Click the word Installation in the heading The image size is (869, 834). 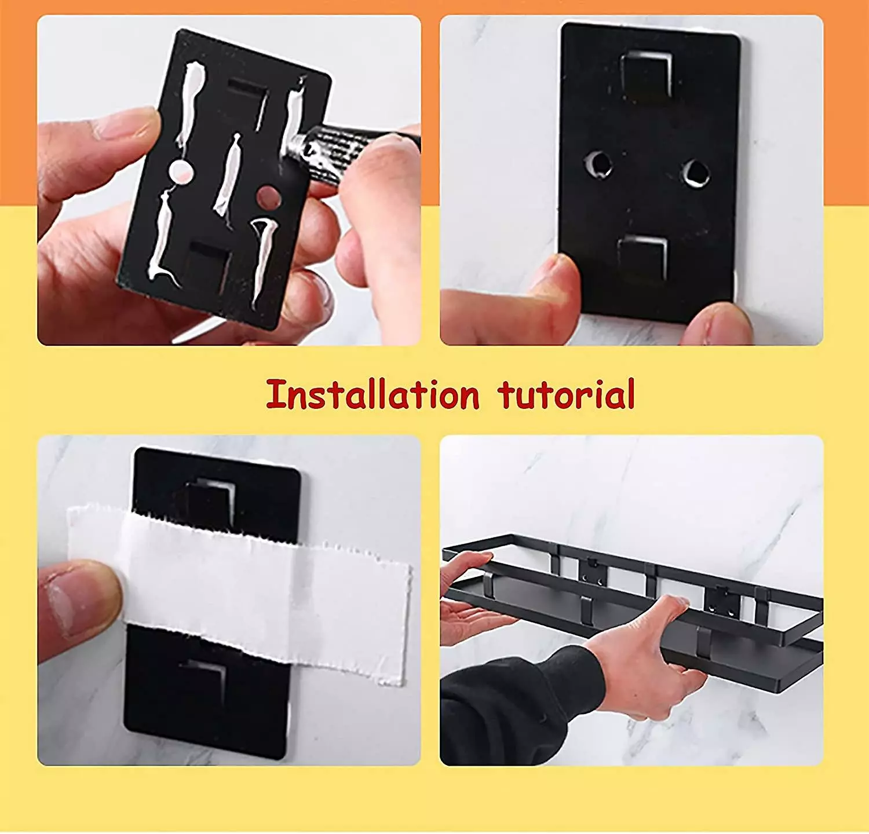coord(373,394)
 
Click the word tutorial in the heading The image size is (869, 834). coord(566,394)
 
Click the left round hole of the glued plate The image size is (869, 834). coord(180,172)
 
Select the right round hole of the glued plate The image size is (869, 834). coord(269,197)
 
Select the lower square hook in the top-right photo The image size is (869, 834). coord(642,259)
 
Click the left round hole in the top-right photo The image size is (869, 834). coord(598,164)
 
